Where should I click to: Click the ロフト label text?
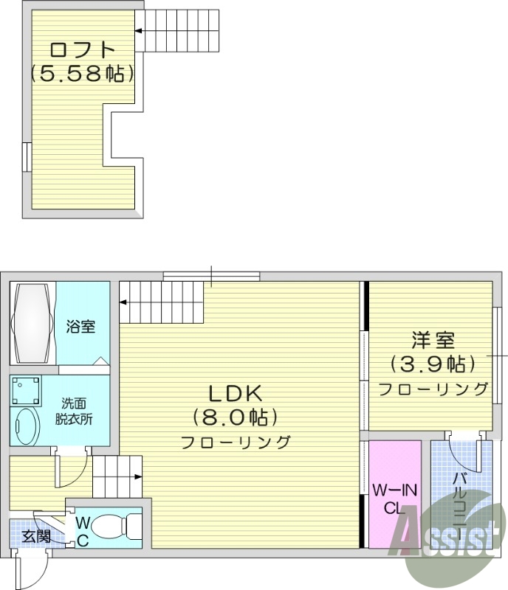point(82,50)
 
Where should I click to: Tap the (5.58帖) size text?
point(82,73)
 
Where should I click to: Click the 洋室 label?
point(433,340)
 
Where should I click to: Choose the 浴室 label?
point(80,326)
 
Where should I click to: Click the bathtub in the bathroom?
point(32,323)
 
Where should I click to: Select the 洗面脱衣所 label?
point(74,412)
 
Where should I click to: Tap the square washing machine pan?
point(26,391)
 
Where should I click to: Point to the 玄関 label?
point(35,537)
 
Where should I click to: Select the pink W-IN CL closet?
point(394,494)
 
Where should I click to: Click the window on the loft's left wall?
point(27,157)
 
